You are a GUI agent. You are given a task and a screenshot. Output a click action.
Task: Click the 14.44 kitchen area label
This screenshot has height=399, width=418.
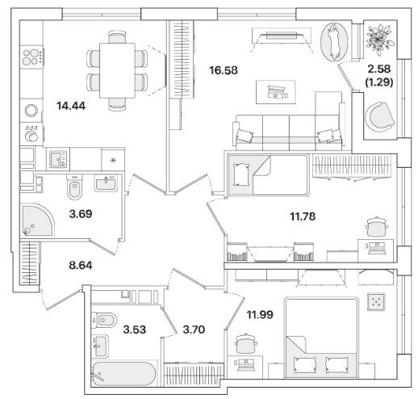pyautogui.click(x=71, y=106)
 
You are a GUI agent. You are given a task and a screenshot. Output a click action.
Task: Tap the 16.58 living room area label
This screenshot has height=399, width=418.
pyautogui.click(x=224, y=70)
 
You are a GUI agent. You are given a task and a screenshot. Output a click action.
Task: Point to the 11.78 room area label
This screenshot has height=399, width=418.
pyautogui.click(x=303, y=216)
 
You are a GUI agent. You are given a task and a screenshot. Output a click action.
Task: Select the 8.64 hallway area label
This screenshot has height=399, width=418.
pyautogui.click(x=81, y=266)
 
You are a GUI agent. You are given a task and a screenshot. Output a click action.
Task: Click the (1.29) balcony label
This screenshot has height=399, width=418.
pyautogui.click(x=379, y=82)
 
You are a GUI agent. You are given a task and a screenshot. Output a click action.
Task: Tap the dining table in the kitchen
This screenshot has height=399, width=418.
pyautogui.click(x=117, y=70)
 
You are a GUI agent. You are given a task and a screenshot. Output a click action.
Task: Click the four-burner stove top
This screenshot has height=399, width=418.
pyautogui.click(x=31, y=57)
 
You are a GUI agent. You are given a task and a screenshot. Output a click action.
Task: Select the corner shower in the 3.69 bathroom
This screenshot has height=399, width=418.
pyautogui.click(x=37, y=220)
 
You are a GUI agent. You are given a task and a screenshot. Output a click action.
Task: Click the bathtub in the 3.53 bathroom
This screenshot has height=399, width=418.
pyautogui.click(x=123, y=374)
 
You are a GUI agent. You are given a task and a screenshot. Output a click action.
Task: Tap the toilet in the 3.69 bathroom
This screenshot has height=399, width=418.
pyautogui.click(x=74, y=187)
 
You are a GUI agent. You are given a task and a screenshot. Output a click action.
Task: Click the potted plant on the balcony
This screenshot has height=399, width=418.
pyautogui.click(x=379, y=40)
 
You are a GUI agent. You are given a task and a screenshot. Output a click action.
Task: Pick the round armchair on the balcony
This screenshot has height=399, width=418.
pyautogui.click(x=380, y=116)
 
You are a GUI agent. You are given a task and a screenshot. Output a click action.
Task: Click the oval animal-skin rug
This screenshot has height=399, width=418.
pyautogui.click(x=334, y=42)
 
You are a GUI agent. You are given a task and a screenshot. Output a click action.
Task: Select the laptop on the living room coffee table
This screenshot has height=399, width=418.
pyautogui.click(x=276, y=92)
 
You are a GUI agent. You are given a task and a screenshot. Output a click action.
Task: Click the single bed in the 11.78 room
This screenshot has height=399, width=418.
pyautogui.click(x=268, y=174)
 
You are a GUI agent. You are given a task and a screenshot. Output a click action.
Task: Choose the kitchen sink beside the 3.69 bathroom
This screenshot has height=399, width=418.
pyautogui.click(x=58, y=159)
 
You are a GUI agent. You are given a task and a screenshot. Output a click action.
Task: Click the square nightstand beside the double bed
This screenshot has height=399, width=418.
pyautogui.click(x=376, y=302)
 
